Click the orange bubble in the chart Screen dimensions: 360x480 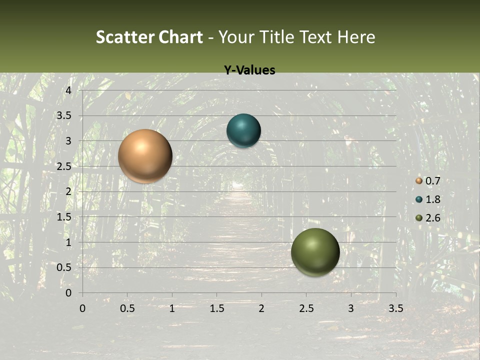145,156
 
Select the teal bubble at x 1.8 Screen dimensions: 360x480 243,131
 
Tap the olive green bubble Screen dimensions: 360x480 315,252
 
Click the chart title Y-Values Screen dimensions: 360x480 249,70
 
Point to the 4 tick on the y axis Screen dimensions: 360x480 68,90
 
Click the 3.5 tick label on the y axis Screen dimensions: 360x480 64,115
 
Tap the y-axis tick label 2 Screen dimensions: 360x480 68,191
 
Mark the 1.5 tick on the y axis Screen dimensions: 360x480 64,217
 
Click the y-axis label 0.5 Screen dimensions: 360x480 64,267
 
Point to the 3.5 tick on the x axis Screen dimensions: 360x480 395,308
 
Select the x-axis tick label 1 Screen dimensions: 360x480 172,308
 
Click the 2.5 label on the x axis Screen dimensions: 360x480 306,308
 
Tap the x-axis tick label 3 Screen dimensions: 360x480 351,308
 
